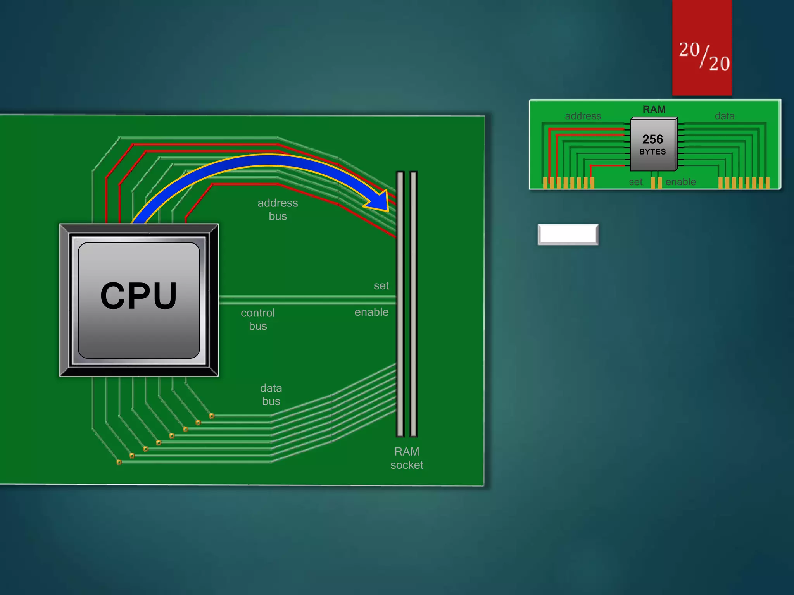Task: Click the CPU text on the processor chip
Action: click(139, 296)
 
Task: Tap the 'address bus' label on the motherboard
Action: click(278, 209)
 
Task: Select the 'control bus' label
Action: click(258, 319)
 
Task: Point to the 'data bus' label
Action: click(271, 394)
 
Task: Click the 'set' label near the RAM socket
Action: click(381, 286)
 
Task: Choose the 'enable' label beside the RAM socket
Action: click(371, 312)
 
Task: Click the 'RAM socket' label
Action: click(407, 458)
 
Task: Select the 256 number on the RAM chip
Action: click(652, 139)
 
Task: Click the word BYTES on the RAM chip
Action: click(652, 152)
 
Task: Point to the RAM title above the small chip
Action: click(654, 110)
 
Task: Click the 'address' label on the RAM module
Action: click(583, 116)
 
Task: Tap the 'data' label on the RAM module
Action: click(725, 116)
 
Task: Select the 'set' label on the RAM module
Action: click(635, 182)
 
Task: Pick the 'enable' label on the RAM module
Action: click(680, 182)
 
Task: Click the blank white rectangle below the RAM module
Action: click(568, 234)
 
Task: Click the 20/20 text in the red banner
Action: click(704, 56)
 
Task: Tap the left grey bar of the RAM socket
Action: click(400, 304)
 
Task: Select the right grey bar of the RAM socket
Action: click(413, 304)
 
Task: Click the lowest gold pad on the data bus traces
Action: click(119, 462)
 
